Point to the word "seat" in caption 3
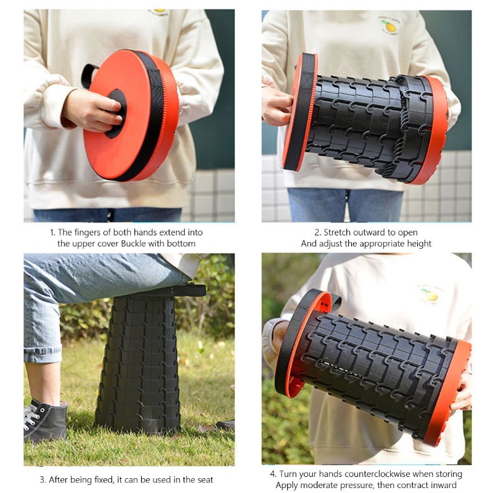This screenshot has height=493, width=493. coord(205,480)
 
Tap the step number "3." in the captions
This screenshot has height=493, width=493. coord(43,480)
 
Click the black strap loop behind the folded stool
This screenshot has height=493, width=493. coord(88,75)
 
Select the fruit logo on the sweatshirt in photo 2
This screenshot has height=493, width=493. coord(389,25)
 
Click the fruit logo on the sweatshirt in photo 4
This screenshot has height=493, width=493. coord(430,295)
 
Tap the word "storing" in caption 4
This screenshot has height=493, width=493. coord(448,474)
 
